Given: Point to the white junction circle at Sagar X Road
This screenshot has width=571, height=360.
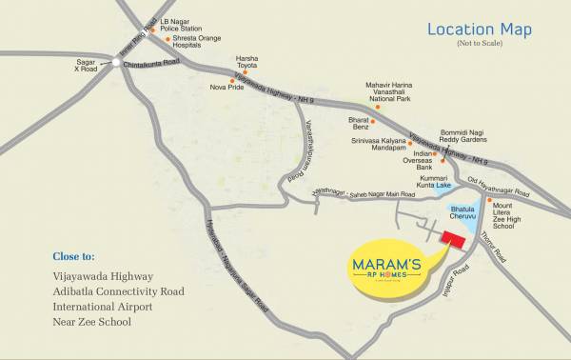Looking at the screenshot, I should click(116, 63).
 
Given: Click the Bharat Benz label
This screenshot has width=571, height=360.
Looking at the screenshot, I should click(360, 122).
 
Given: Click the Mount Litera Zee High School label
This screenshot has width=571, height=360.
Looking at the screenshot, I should click(516, 214).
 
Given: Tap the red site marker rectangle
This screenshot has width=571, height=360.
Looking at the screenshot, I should click(451, 240).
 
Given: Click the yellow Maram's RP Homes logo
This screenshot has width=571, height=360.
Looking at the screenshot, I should click(385, 267).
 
